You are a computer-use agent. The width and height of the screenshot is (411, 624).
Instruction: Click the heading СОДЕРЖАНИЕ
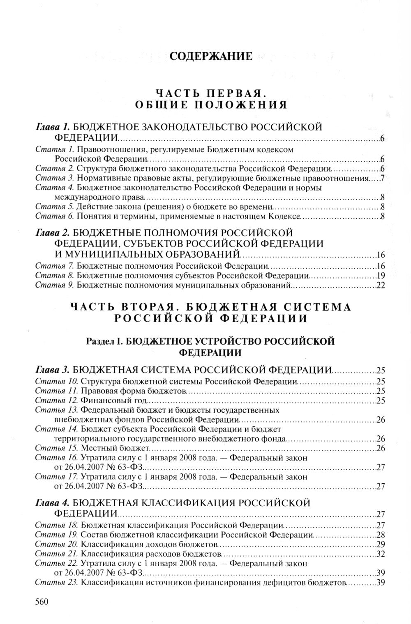pyautogui.click(x=211, y=56)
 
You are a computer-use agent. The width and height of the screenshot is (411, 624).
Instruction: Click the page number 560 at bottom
pyautogui.click(x=42, y=602)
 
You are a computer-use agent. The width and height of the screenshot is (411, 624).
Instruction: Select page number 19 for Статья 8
pyautogui.click(x=380, y=275)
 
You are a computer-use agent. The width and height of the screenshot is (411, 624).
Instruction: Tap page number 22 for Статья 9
pyautogui.click(x=380, y=286)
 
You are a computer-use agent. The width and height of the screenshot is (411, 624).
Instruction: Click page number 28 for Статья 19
pyautogui.click(x=380, y=535)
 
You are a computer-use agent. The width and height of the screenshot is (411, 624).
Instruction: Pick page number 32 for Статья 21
pyautogui.click(x=380, y=554)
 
